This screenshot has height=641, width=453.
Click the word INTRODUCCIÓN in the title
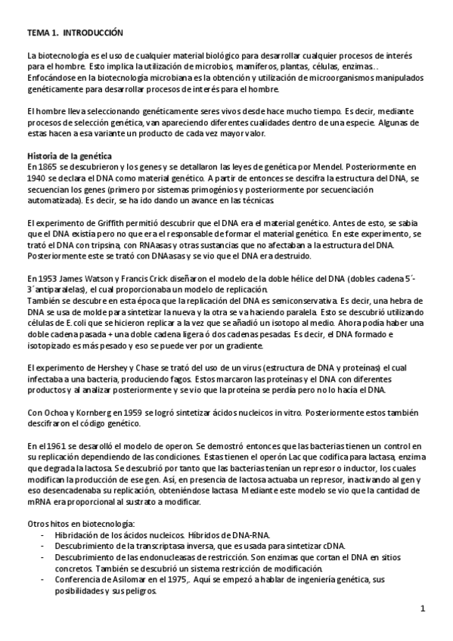click(x=90, y=33)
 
